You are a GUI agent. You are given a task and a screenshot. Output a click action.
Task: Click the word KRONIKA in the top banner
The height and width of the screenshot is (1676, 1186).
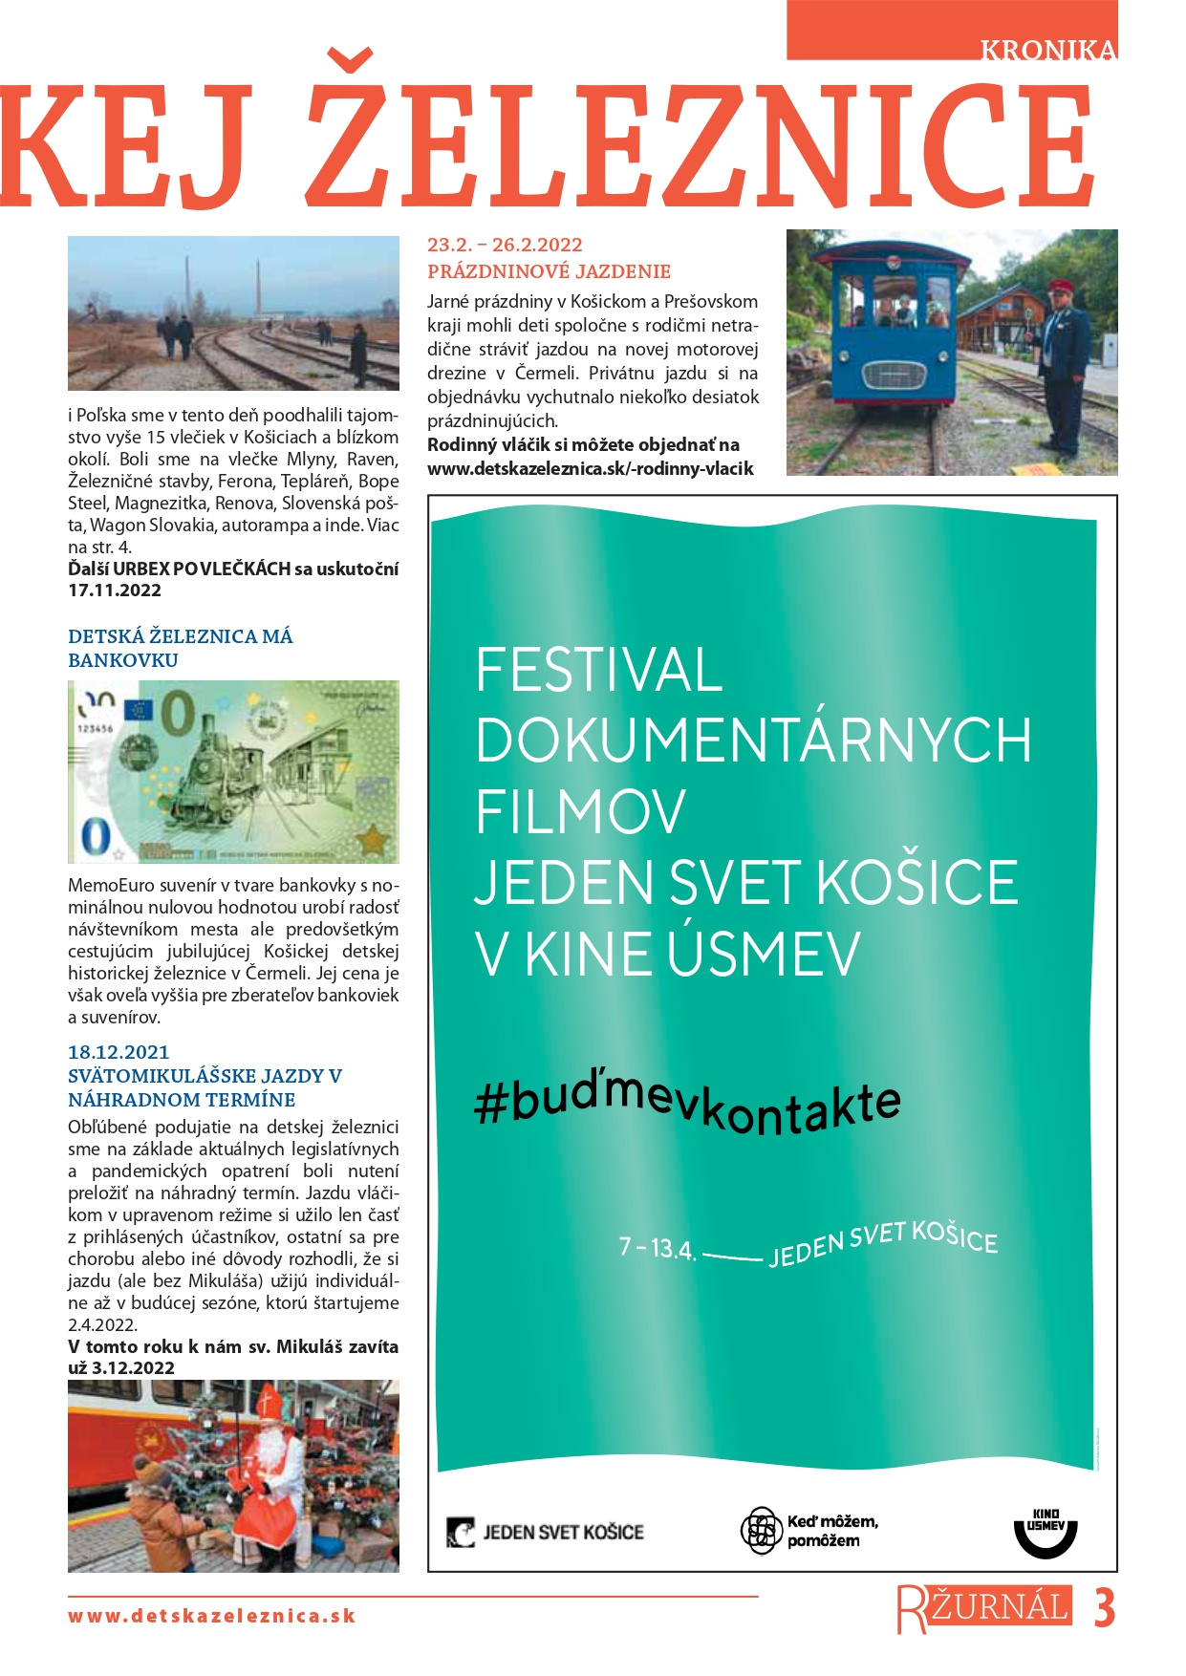coord(1047,51)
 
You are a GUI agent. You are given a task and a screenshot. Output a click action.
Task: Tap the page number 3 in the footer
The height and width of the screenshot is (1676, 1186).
coord(1104,1609)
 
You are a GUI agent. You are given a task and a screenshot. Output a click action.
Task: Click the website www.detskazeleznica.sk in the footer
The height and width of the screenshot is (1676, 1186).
coord(211,1617)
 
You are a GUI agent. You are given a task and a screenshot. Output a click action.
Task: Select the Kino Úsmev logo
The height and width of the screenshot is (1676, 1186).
coord(1045,1532)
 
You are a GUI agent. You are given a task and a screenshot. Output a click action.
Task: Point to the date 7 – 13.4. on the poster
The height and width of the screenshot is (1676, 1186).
coord(657,1248)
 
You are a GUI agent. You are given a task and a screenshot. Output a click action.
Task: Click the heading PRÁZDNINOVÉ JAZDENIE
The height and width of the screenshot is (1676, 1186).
coord(549,271)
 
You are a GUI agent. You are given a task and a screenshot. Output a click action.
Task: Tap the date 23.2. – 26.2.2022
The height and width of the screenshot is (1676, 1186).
coord(505,245)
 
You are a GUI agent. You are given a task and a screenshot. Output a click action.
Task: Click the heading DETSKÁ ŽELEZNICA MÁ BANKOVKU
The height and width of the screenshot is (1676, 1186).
coord(180,648)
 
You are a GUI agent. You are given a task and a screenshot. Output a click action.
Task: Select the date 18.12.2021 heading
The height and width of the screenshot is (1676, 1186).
coord(119,1052)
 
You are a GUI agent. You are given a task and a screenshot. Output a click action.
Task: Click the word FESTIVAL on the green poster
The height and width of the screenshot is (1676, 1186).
coord(598,670)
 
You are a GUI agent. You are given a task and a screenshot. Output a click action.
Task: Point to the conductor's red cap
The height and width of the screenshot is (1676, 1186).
coord(1061,286)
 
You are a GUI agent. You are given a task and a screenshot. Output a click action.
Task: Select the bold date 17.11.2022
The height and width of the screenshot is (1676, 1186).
coord(115,591)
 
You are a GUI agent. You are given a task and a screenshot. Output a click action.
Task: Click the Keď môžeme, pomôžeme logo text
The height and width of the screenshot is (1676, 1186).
coord(831,1531)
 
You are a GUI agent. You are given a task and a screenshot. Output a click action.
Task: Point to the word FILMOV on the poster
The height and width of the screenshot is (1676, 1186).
coord(580,812)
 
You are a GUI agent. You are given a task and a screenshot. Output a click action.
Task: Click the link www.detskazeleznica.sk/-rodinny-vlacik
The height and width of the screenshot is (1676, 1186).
coord(590,469)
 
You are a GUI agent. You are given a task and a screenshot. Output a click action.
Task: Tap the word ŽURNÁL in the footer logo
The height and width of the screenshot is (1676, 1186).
coord(999,1607)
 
